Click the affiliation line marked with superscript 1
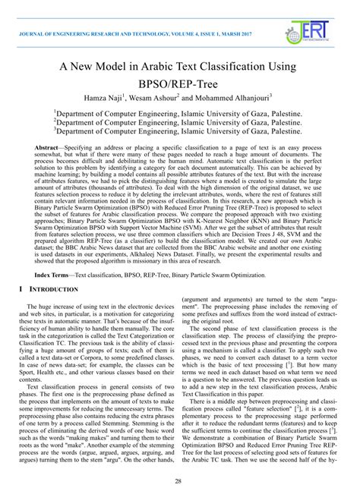click(180, 115)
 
